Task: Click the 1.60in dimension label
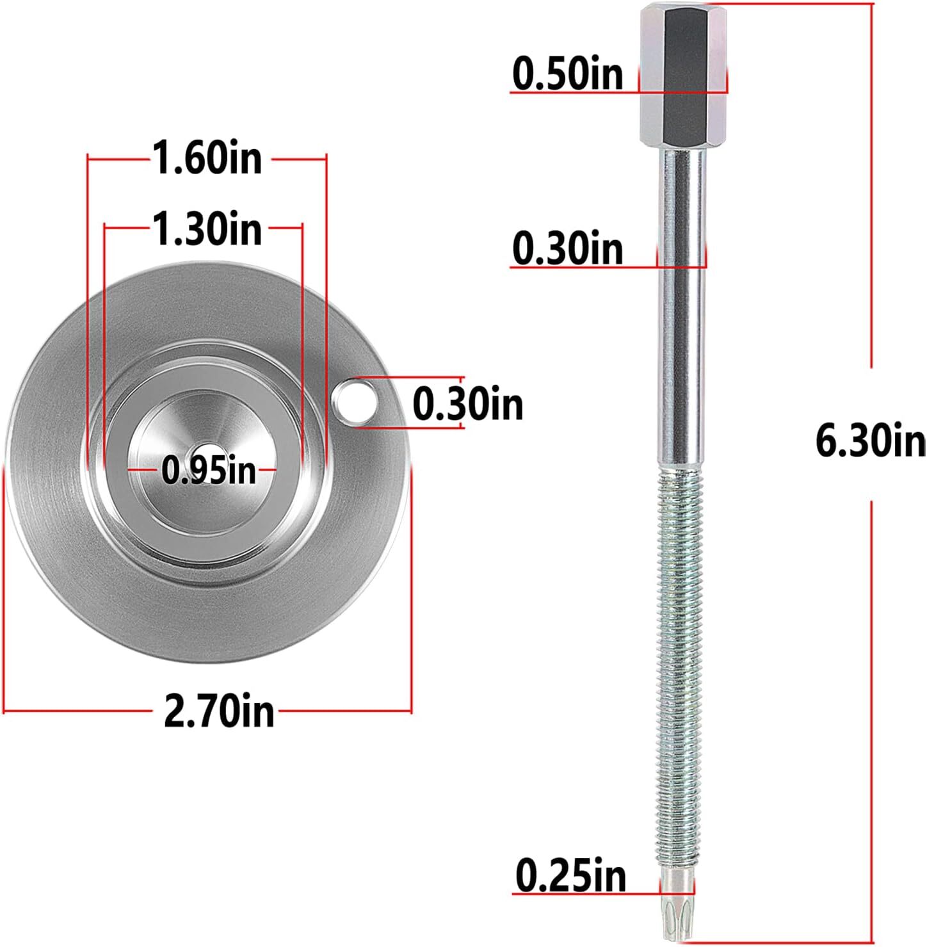(207, 158)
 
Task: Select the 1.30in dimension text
(207, 229)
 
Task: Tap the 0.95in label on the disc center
(208, 471)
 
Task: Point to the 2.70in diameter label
(219, 711)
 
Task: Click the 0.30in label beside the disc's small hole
(467, 404)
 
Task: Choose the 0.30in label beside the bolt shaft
(567, 248)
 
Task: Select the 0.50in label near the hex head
(567, 74)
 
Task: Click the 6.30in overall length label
(870, 441)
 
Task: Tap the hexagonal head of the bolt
(682, 74)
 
